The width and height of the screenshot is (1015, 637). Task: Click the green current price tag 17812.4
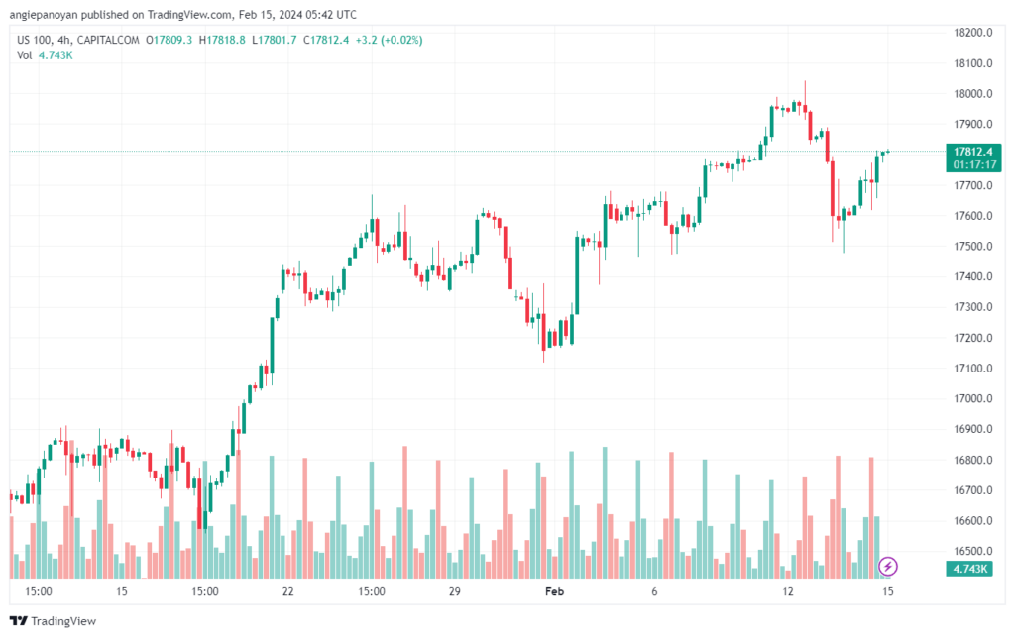click(x=973, y=151)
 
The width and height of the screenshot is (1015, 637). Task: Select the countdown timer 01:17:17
click(x=973, y=163)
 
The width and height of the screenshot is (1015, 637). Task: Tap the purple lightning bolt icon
click(x=889, y=567)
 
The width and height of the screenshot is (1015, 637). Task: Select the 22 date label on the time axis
click(x=287, y=591)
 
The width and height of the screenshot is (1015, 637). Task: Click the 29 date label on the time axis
click(x=455, y=591)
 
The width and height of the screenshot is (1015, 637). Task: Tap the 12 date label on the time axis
click(x=788, y=591)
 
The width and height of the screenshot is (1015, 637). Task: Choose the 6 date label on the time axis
click(x=654, y=591)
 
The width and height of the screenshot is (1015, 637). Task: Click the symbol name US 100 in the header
click(x=37, y=40)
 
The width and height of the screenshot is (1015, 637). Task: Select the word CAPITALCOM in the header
click(x=108, y=40)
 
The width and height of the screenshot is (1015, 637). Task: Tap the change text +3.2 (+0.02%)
click(x=388, y=40)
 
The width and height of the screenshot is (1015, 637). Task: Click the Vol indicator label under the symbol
click(x=25, y=55)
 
